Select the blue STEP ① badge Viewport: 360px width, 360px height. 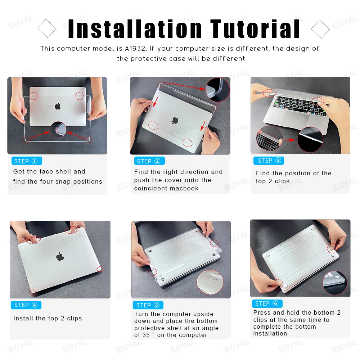pyautogui.click(x=27, y=161)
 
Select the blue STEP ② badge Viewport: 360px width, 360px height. pyautogui.click(x=149, y=161)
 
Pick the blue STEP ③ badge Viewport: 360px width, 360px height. pyautogui.click(x=269, y=161)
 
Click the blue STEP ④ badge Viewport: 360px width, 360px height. pyautogui.click(x=26, y=305)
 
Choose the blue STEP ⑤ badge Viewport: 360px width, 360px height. pyautogui.click(x=148, y=305)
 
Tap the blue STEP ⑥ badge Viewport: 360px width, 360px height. pyautogui.click(x=267, y=303)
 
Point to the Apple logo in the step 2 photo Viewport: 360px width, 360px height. pyautogui.click(x=175, y=121)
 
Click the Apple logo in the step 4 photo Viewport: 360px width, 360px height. pyautogui.click(x=60, y=256)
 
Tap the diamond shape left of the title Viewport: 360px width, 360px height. pyautogui.click(x=47, y=29)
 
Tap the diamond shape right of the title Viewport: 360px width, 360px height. pyautogui.click(x=320, y=29)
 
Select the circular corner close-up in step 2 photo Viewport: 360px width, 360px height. pyautogui.click(x=217, y=89)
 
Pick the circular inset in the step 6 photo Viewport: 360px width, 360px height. pyautogui.click(x=334, y=283)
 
